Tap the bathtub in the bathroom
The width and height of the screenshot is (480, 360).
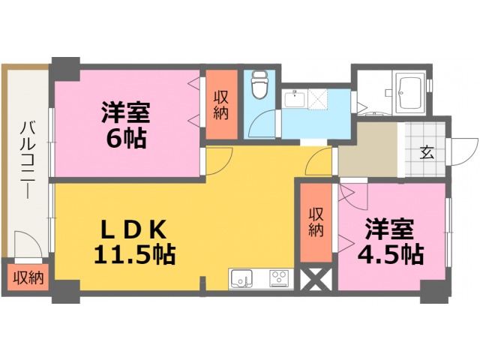(x=409, y=93)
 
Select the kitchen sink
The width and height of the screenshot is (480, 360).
(x=242, y=277)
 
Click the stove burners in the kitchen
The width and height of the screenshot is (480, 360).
(x=278, y=277)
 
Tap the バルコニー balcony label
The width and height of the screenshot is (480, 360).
(x=26, y=161)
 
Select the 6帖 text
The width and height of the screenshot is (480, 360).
(x=126, y=138)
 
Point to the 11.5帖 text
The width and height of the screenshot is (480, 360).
(x=134, y=254)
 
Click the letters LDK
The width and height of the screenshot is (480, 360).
(x=127, y=227)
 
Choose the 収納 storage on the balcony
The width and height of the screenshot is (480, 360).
(x=27, y=277)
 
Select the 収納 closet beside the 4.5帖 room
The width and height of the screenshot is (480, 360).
(x=316, y=223)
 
